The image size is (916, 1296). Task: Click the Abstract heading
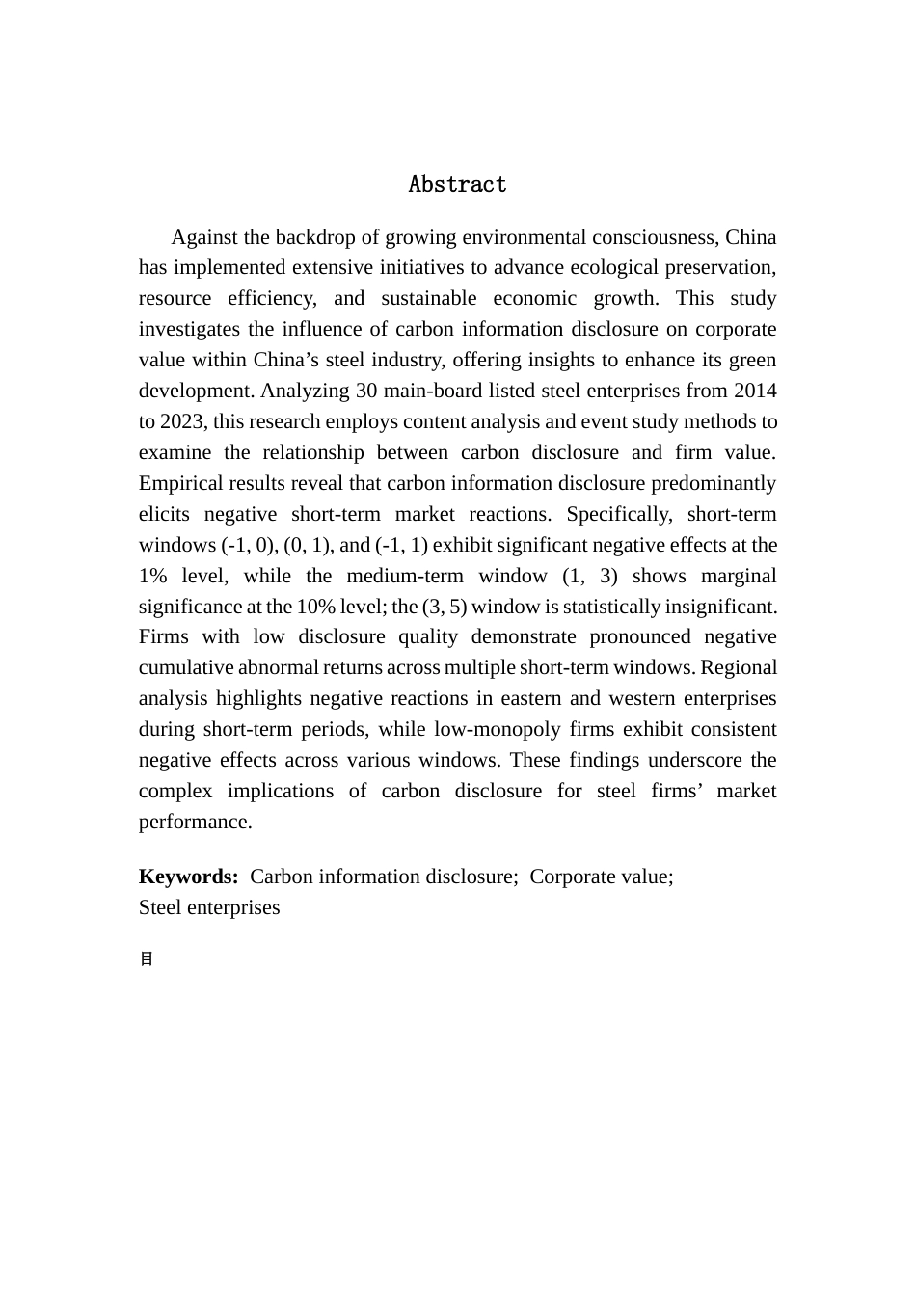tap(457, 184)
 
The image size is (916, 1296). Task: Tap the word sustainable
tap(429, 298)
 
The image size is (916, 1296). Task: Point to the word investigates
tap(187, 329)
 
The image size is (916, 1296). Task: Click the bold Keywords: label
tap(189, 877)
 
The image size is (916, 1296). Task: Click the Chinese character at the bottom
tap(147, 959)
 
